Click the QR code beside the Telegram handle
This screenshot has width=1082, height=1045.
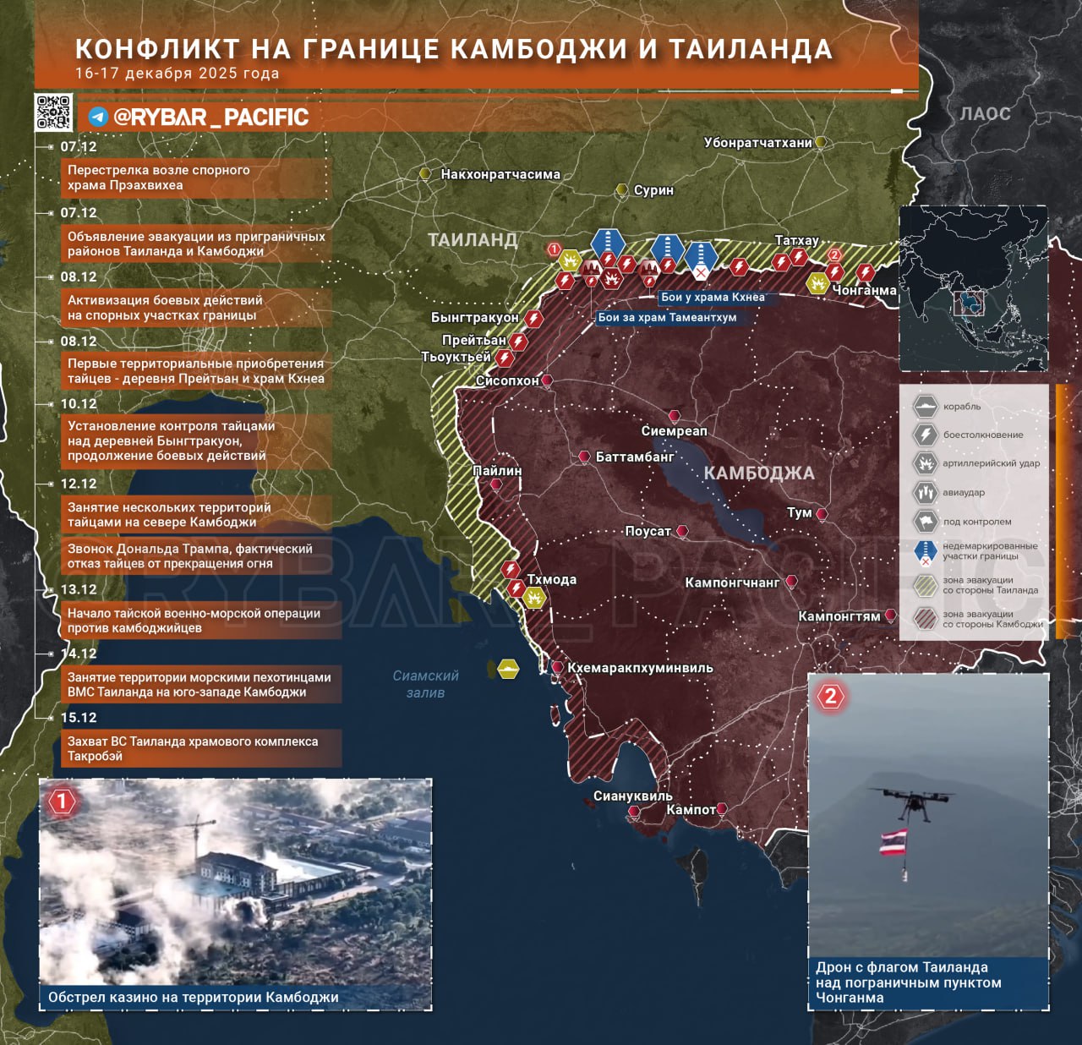coord(53,112)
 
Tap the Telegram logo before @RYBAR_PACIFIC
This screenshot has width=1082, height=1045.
coord(98,117)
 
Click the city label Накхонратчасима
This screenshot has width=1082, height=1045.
coord(500,175)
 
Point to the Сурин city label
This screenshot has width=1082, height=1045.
coord(653,190)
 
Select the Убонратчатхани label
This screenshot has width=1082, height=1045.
coord(757,143)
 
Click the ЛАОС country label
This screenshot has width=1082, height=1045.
coord(985,113)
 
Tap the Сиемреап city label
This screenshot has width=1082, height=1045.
coord(674,431)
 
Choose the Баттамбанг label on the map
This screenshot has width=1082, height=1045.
coord(635,457)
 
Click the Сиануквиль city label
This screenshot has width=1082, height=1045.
coord(632,796)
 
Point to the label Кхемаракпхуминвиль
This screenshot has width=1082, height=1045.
coord(640,668)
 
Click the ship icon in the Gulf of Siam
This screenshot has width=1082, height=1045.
coord(509,669)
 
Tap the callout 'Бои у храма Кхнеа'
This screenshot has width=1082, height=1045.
coord(712,298)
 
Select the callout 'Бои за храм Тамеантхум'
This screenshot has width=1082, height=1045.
coord(666,318)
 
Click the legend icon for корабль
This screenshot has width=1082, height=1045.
coord(926,407)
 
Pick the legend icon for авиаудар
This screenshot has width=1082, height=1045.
coord(926,492)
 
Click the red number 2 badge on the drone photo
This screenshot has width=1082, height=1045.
coord(830,696)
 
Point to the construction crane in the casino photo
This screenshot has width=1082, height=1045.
coord(194,833)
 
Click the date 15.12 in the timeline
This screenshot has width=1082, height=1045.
coord(79,718)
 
